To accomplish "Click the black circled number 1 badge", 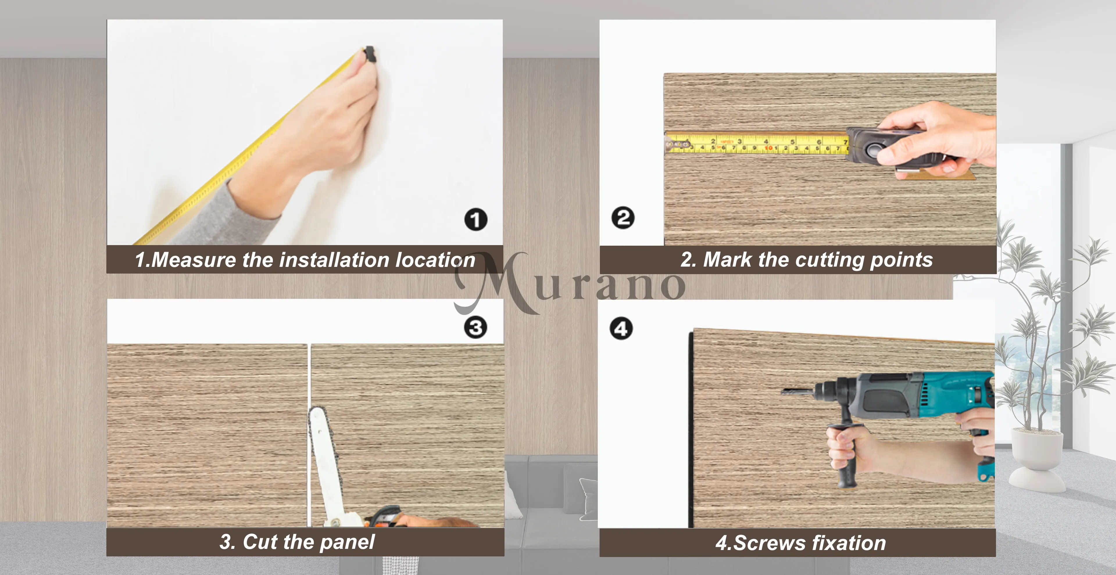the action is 476,220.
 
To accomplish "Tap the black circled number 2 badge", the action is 623,218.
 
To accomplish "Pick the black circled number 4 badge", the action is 621,329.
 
